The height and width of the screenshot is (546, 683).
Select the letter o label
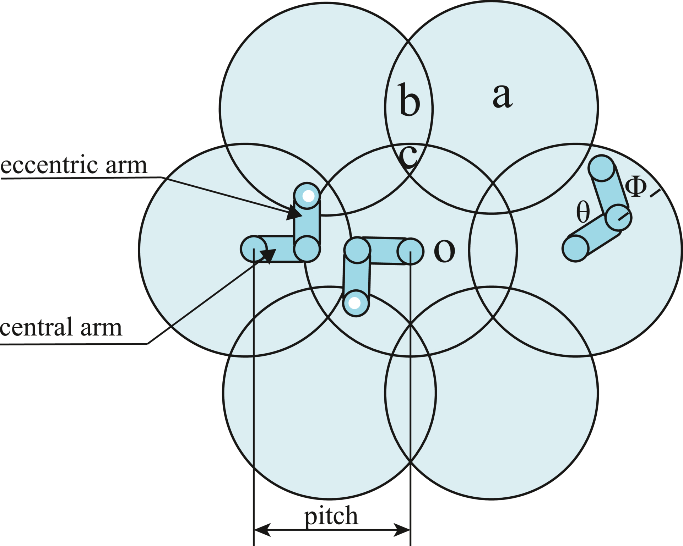click(x=444, y=251)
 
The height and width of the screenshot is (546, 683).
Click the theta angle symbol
click(x=583, y=212)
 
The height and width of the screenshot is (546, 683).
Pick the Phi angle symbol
click(x=635, y=187)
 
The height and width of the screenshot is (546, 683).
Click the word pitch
click(x=331, y=517)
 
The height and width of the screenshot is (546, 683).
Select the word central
click(x=36, y=327)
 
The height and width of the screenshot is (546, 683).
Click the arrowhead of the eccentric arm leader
click(x=294, y=213)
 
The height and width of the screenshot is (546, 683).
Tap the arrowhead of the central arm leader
click(x=268, y=255)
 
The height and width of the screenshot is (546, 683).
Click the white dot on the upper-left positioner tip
click(x=308, y=196)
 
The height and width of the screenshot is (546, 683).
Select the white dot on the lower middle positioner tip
click(x=355, y=303)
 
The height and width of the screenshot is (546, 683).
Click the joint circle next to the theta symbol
click(x=618, y=217)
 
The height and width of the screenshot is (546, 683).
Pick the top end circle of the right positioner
click(x=601, y=168)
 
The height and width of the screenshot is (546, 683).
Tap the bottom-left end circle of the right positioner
click(x=576, y=249)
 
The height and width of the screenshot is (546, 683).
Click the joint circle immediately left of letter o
click(x=411, y=251)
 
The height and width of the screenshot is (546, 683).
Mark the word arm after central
click(x=101, y=327)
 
